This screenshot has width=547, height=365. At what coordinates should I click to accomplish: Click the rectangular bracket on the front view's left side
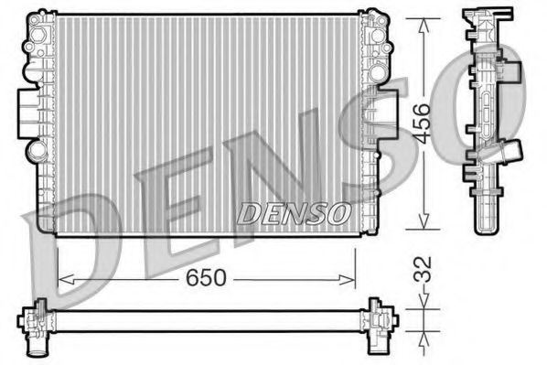27,110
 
